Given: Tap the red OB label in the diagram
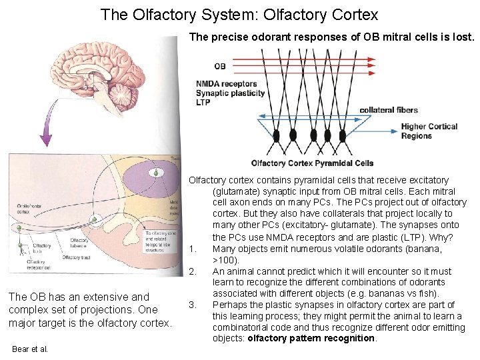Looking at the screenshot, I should click(219, 66).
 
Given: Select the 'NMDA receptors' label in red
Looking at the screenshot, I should click(227, 84).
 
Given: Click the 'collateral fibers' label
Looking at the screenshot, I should click(389, 110).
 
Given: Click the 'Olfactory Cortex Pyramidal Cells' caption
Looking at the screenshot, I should click(312, 163).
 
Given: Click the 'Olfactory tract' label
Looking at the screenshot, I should click(77, 257).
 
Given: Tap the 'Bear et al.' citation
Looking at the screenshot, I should click(30, 349).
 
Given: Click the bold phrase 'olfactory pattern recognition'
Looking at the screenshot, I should click(312, 339).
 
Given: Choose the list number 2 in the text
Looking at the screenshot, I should click(192, 271).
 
